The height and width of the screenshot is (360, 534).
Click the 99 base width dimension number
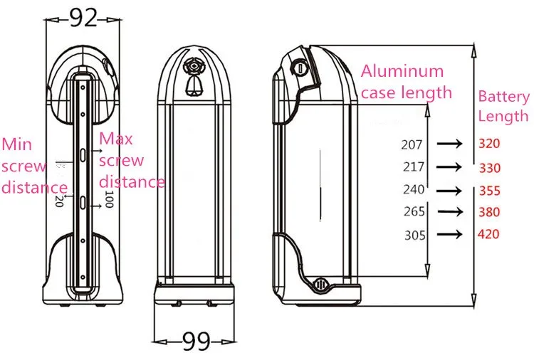196,342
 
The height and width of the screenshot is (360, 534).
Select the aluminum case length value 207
412,145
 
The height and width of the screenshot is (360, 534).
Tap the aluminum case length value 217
412,167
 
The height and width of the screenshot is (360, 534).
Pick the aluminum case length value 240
412,190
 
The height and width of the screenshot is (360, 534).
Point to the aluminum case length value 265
412,212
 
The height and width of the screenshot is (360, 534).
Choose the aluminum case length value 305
412,234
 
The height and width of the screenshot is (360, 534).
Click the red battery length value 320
489,144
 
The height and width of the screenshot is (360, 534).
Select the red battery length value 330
489,169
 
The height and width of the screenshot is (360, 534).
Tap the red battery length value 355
489,191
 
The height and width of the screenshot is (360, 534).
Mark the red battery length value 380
489,212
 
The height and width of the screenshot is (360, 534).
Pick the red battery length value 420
489,234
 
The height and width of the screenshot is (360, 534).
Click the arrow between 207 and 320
450,144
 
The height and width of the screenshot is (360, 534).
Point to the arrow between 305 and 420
450,234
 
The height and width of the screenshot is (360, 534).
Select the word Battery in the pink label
503,97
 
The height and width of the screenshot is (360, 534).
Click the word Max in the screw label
116,139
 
